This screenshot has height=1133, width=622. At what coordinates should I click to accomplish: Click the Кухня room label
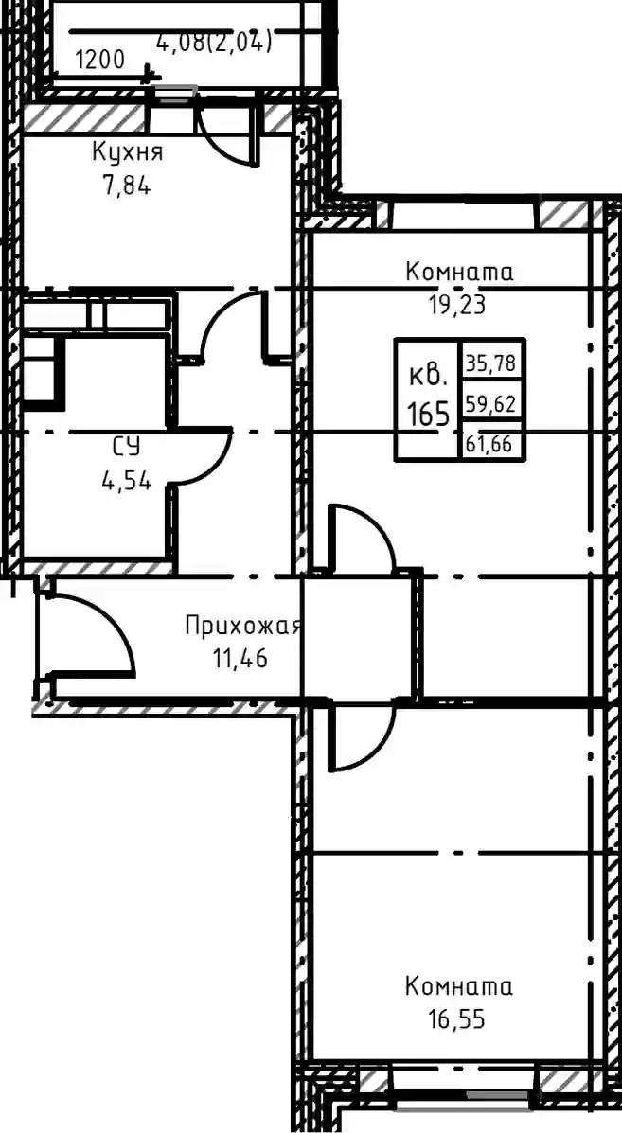[x=127, y=154]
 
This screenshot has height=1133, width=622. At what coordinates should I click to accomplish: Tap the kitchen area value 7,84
[x=127, y=186]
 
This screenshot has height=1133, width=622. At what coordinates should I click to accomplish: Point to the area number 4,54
[x=127, y=481]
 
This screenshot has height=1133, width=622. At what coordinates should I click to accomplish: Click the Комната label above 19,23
[x=459, y=273]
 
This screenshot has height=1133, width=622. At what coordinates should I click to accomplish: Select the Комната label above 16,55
[x=459, y=986]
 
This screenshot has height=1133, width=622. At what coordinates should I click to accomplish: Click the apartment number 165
[x=428, y=415]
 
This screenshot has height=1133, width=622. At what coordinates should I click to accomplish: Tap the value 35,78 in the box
[x=490, y=363]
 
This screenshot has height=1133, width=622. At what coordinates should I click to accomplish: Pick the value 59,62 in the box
[x=490, y=404]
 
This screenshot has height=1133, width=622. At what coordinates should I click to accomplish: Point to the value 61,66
[x=489, y=444]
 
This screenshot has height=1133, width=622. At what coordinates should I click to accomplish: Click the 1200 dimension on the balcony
[x=99, y=60]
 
